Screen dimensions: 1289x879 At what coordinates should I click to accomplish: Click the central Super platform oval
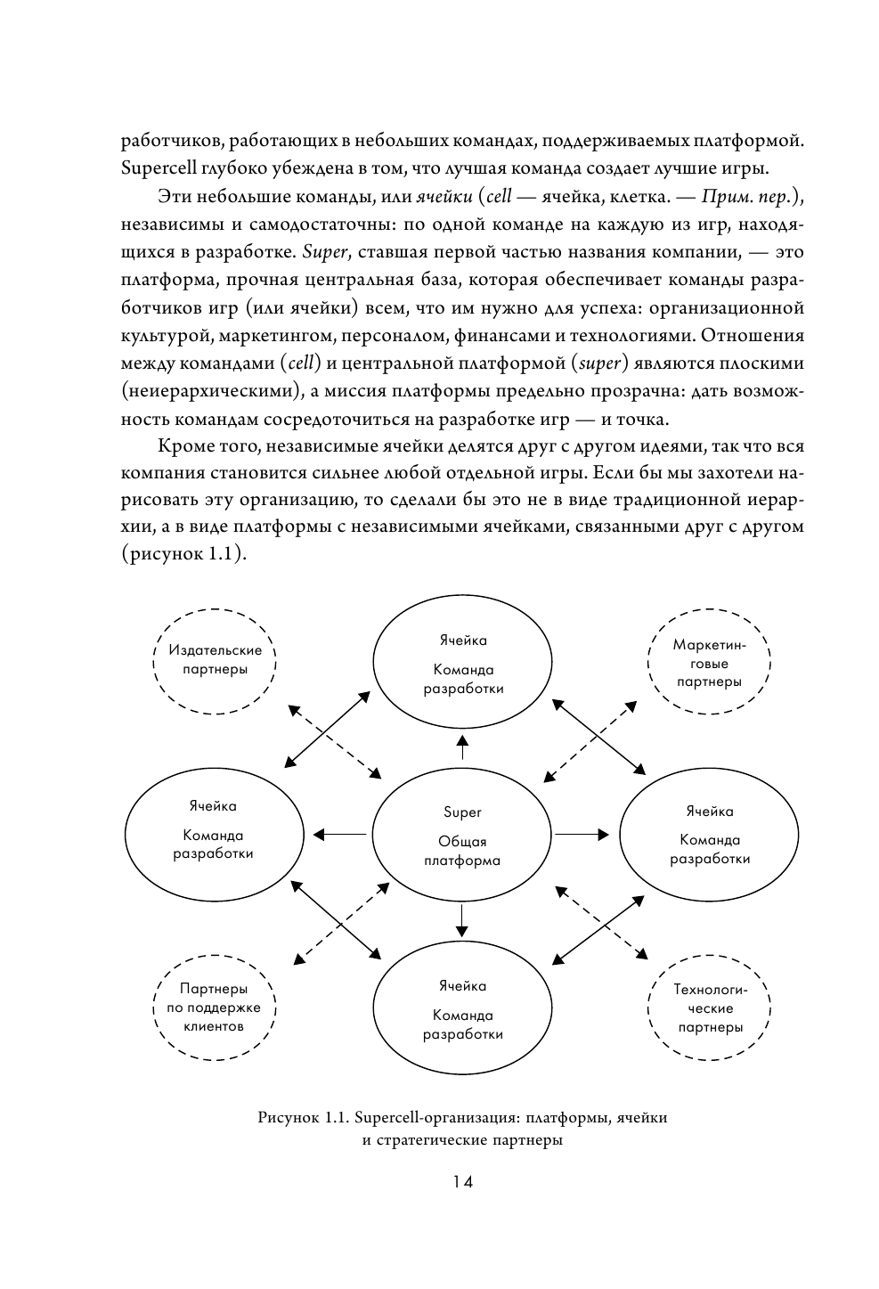[x=462, y=835]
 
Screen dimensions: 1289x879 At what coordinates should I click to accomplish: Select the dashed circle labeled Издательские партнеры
[x=216, y=660]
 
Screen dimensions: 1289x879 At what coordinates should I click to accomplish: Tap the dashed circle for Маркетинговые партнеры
[x=709, y=662]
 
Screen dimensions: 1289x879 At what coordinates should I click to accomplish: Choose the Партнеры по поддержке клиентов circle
[x=214, y=1007]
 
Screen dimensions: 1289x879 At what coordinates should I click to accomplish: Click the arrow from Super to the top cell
[x=462, y=746]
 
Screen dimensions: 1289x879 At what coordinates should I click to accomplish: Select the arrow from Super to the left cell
[x=339, y=835]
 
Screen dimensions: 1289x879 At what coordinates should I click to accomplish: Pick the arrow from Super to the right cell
[x=582, y=835]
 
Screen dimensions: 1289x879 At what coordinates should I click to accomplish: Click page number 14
[x=461, y=1182]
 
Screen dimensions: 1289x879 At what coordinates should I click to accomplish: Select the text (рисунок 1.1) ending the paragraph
[x=183, y=554]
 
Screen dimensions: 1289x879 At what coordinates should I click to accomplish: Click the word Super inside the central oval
[x=462, y=812]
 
